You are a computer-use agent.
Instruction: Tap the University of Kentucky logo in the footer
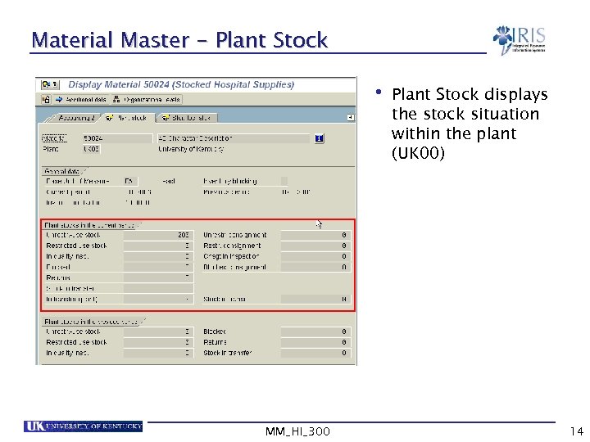[x=84, y=426]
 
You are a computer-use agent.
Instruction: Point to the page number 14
[x=575, y=431]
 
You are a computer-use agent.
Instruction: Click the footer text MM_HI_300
[x=298, y=431]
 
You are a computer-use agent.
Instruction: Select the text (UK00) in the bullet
[x=418, y=153]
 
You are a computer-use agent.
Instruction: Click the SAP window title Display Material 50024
[x=181, y=84]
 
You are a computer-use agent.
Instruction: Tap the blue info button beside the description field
[x=319, y=139]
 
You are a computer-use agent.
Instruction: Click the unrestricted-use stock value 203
[x=183, y=235]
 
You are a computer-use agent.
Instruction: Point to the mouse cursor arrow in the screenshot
[x=320, y=223]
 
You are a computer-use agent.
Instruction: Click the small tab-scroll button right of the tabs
[x=351, y=118]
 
